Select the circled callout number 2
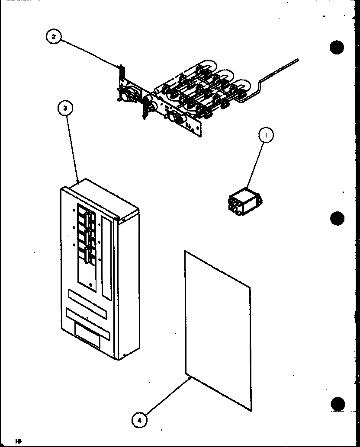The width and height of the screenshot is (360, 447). tap(54, 37)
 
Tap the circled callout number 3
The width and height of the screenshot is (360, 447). tap(65, 109)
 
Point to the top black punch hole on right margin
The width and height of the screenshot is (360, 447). tap(337, 47)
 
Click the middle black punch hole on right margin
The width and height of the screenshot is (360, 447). tap(337, 217)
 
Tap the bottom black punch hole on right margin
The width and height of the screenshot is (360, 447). tap(337, 404)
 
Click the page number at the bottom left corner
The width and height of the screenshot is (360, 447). tap(7, 441)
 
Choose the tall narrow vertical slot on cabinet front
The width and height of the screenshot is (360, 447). tap(106, 257)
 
